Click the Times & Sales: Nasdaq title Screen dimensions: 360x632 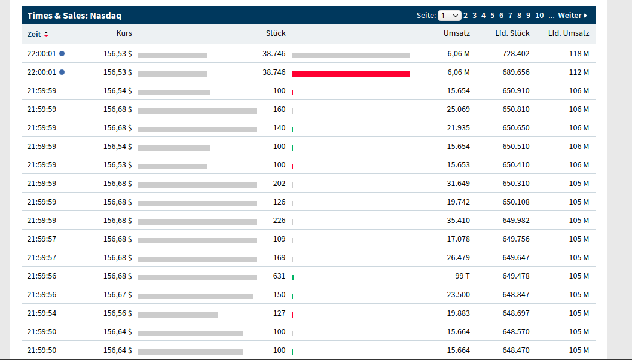point(74,16)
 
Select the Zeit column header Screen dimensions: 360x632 point(34,34)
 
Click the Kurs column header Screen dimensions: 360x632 point(124,33)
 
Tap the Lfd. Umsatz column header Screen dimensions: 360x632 point(568,33)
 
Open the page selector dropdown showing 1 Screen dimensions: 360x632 point(449,16)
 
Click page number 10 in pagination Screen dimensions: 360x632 point(539,16)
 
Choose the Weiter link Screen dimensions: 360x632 point(572,16)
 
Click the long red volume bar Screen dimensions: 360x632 point(351,74)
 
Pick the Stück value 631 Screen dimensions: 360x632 point(279,276)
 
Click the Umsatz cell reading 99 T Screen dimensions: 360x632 point(462,276)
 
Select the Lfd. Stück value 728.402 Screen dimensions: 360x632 point(516,54)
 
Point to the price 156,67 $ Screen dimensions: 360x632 point(118,295)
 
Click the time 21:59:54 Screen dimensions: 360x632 point(42,313)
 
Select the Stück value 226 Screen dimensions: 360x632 point(279,221)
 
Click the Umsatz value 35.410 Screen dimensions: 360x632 point(458,221)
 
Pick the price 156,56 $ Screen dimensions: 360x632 point(118,313)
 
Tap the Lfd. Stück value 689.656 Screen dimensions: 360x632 point(516,72)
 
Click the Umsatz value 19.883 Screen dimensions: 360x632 point(458,313)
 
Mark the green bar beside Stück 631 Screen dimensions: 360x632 point(293,277)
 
